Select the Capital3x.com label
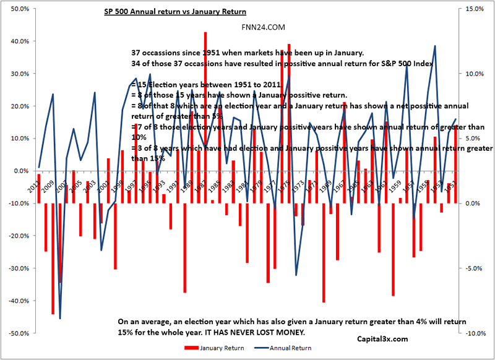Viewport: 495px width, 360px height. coord(383,339)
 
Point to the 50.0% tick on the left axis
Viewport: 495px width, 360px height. coord(17,9)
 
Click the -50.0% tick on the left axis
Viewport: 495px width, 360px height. coord(16,333)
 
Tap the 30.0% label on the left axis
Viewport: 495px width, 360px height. coord(17,74)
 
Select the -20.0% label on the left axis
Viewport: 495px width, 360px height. coord(16,236)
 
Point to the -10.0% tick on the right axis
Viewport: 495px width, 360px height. coord(475,333)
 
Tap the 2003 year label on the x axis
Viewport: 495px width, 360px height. coord(89,185)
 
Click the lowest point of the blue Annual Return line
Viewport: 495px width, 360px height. coord(60,319)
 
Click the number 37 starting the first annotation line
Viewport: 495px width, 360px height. coord(137,53)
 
